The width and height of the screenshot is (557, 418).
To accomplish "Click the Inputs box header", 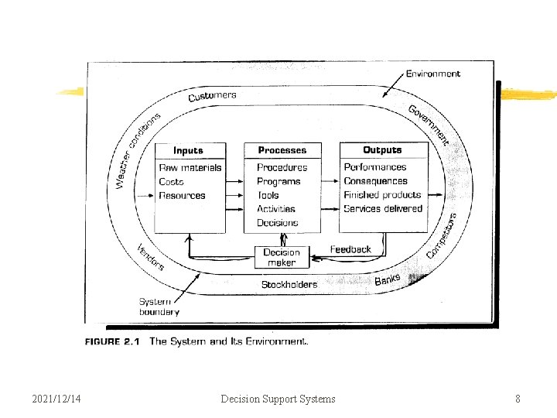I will (x=189, y=150).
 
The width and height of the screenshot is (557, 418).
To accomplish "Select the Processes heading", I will (x=282, y=150).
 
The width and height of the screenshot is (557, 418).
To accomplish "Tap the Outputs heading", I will (x=382, y=150).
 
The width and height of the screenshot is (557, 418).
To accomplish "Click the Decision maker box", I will (x=282, y=257).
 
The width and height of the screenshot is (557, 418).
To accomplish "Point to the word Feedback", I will (x=350, y=249).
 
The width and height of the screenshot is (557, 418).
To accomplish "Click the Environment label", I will (x=432, y=74).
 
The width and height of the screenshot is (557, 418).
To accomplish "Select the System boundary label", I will (x=159, y=307).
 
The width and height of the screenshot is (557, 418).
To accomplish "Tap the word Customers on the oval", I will (x=212, y=97).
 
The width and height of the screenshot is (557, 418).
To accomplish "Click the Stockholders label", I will (x=289, y=284).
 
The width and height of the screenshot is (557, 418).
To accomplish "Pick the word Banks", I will (x=388, y=279).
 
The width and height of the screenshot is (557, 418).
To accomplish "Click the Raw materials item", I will (x=190, y=167).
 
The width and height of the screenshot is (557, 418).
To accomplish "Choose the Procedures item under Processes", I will (x=282, y=167).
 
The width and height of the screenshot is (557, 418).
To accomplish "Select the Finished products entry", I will (x=382, y=195).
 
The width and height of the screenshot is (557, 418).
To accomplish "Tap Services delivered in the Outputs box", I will (x=383, y=209).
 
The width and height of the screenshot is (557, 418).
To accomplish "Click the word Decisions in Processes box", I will (x=277, y=223).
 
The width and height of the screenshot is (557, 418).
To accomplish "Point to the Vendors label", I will (x=151, y=257).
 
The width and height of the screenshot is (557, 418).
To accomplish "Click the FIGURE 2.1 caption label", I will (x=112, y=341).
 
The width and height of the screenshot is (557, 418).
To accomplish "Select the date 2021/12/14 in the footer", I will (x=56, y=399).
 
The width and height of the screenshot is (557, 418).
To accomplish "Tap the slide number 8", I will (x=518, y=399).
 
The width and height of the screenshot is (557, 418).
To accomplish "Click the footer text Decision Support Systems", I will (x=278, y=399).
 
